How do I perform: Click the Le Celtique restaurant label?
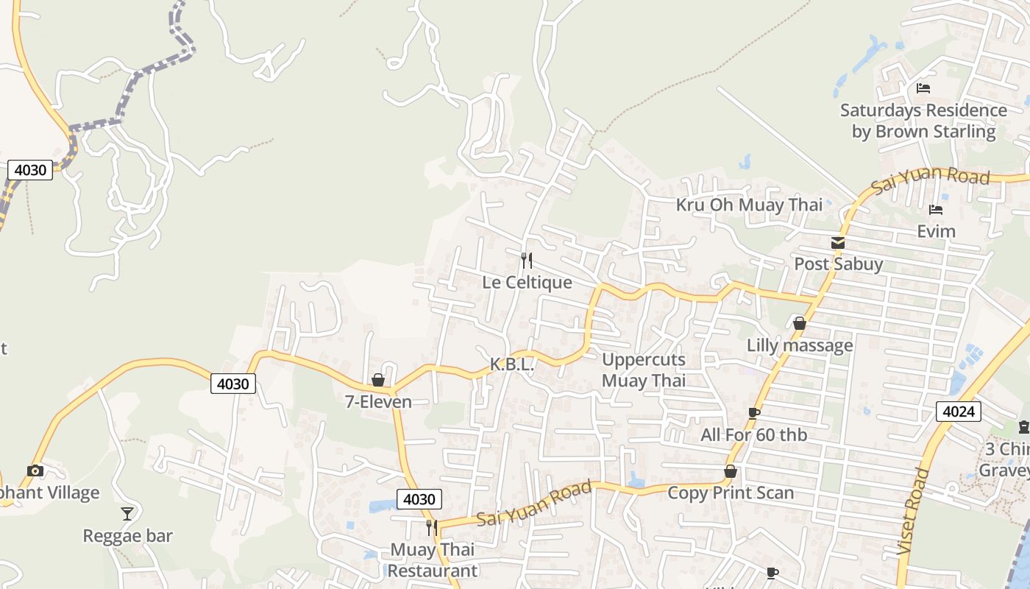coord(527,283)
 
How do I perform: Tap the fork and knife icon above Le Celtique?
coord(526,261)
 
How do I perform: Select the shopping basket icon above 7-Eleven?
coord(378,380)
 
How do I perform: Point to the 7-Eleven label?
coord(378,402)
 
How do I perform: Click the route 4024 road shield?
coord(959,411)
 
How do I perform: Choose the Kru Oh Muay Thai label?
coord(749,205)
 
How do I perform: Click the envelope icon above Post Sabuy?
coord(838,243)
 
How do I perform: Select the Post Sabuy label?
coord(838,264)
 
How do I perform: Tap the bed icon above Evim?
coord(936,210)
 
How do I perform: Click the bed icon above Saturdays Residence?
coord(923,88)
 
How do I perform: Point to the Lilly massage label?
coord(800,345)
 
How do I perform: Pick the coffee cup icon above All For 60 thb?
coord(754,413)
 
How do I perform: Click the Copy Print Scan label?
coord(731,493)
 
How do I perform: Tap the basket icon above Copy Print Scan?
coord(731,471)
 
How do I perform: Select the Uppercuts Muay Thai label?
coord(644,370)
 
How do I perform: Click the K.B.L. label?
coord(511,364)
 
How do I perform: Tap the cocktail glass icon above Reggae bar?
coord(127,513)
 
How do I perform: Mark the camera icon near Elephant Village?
coord(35,470)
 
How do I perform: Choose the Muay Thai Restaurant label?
coord(433,560)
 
